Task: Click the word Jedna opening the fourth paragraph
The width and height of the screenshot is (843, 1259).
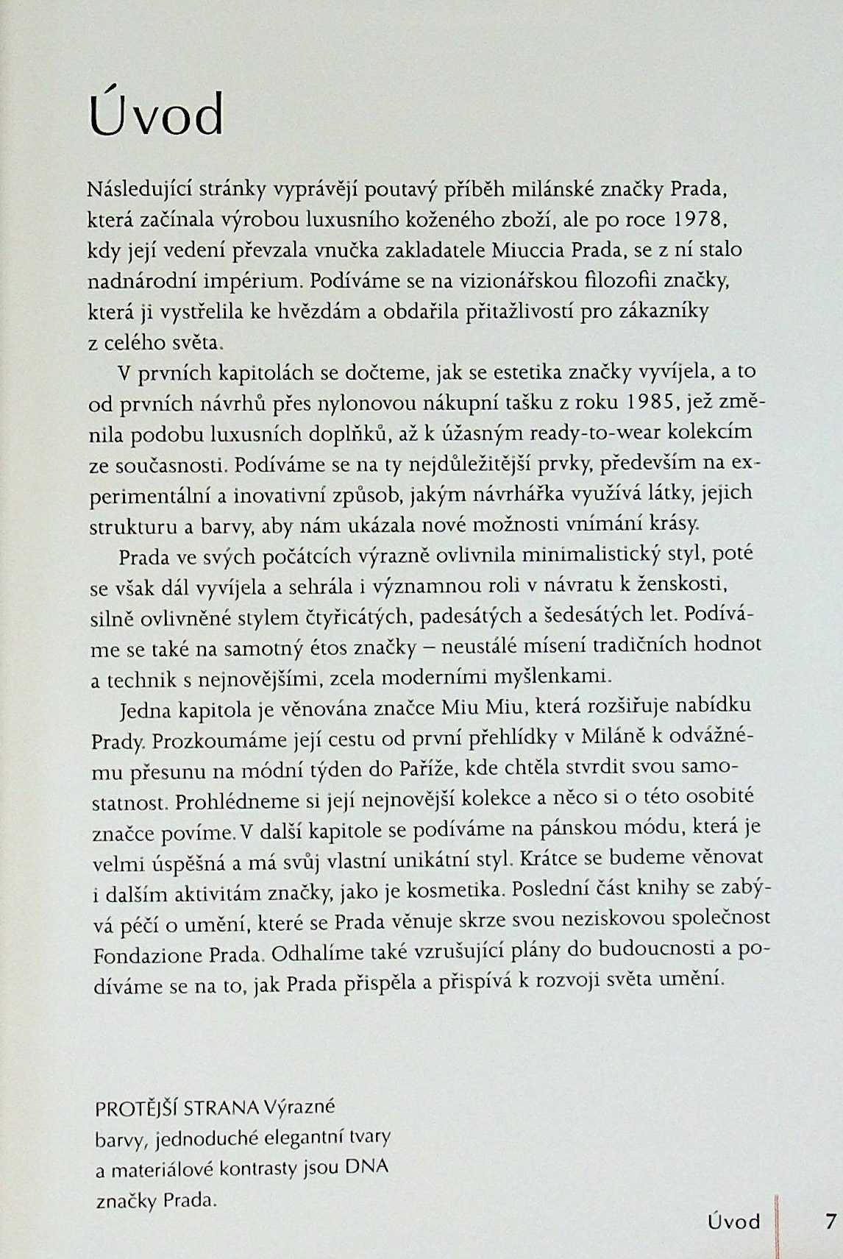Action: click(x=144, y=710)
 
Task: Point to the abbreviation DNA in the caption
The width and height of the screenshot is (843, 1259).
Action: click(x=366, y=1168)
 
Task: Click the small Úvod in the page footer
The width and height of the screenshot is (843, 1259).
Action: click(x=733, y=1222)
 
